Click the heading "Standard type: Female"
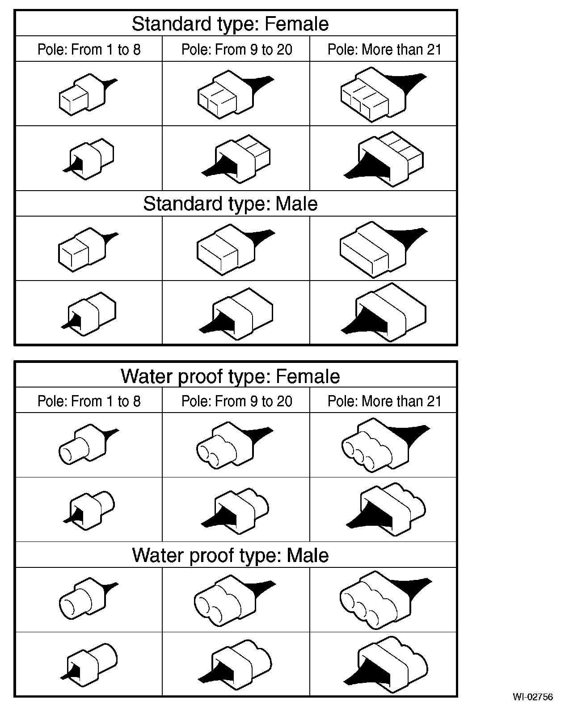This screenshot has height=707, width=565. point(230,24)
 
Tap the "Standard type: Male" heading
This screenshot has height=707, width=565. point(230,204)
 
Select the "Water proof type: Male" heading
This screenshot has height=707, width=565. point(230,555)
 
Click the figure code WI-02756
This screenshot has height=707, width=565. point(533,697)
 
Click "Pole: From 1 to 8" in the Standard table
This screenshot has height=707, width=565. point(89,50)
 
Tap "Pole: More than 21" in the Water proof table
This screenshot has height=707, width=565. point(384,401)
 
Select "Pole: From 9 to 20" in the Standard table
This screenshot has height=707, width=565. point(237,50)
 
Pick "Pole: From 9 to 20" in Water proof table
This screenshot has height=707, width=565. point(237,401)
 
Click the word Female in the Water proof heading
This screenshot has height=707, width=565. point(308,376)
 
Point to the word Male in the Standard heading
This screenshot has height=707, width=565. point(296,204)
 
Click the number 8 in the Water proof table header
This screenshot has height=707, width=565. point(137,401)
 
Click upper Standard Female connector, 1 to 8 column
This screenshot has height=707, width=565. point(88,94)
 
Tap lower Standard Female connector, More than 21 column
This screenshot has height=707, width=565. point(384,159)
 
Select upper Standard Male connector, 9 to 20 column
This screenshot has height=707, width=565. point(236,250)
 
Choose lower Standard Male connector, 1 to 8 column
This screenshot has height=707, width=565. point(89,314)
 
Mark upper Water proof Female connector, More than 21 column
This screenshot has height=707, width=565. point(386,445)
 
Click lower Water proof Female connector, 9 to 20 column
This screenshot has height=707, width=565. point(235,512)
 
